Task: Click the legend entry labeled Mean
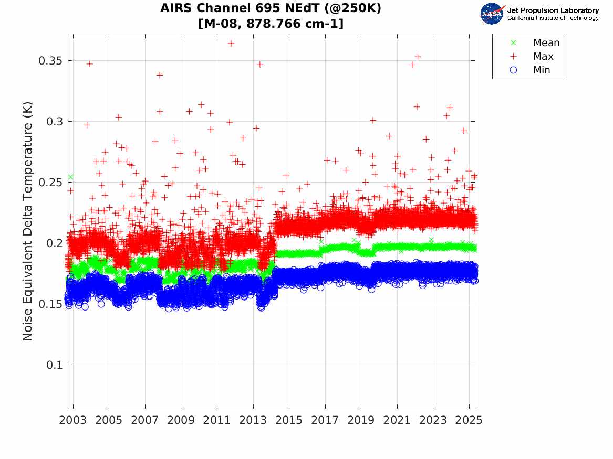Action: tap(546, 43)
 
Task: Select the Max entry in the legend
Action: tap(543, 57)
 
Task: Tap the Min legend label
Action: tap(542, 70)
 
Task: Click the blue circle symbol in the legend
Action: tap(514, 70)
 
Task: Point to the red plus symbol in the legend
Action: tap(514, 57)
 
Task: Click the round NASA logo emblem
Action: tap(492, 14)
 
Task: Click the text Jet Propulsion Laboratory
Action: tap(553, 10)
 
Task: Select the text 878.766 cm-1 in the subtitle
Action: tap(295, 24)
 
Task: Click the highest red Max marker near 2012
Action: tap(231, 44)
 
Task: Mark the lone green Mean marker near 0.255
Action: tap(70, 177)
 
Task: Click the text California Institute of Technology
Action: tap(553, 18)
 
